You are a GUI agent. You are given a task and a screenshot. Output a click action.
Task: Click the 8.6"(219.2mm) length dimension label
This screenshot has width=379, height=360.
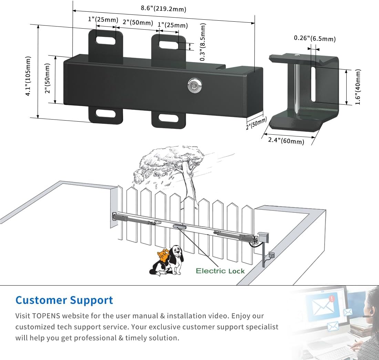tap(164, 9)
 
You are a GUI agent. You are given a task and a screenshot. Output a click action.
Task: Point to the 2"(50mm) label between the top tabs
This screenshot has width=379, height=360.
tap(138, 22)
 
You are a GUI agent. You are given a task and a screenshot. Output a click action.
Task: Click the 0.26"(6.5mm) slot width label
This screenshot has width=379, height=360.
tap(315, 38)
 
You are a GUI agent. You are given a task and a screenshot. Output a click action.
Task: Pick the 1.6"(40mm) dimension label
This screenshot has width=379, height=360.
tap(358, 87)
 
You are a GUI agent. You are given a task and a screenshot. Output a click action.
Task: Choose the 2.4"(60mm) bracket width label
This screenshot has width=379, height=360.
tap(286, 141)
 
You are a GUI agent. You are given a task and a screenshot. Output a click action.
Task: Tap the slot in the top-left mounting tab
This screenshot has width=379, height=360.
tap(106, 40)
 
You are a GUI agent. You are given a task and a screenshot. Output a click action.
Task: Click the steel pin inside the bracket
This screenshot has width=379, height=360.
tap(296, 86)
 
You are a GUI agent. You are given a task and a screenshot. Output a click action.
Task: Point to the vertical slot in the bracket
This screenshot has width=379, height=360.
tap(314, 84)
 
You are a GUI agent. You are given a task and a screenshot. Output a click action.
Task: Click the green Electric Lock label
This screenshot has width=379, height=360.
tap(220, 271)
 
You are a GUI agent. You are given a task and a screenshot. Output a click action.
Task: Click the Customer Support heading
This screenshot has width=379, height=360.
tap(64, 300)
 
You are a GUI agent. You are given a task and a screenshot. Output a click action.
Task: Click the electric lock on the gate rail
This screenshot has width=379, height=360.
tap(178, 226)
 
